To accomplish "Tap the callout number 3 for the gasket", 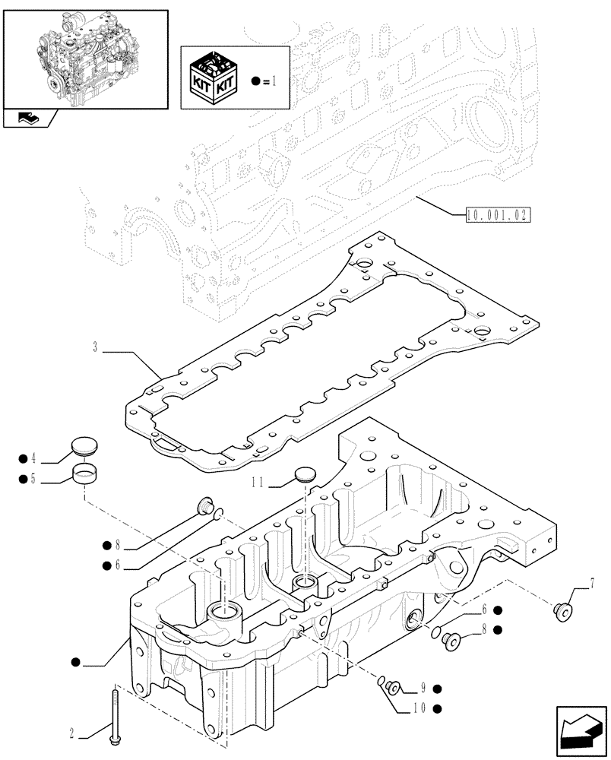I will coord(95,347).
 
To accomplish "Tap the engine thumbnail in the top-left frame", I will coord(84,57).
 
